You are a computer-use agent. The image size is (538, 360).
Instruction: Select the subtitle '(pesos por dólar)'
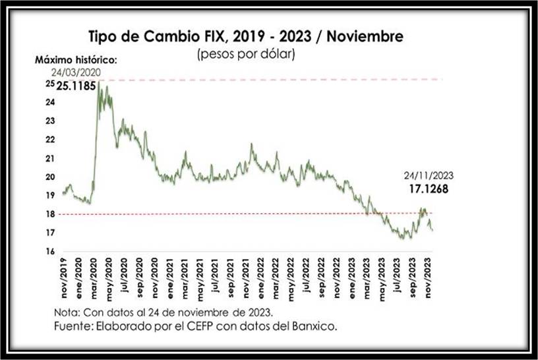pyautogui.click(x=246, y=54)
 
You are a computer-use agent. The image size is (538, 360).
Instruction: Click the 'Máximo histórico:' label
pyautogui.click(x=76, y=60)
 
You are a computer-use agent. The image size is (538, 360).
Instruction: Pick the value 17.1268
pyautogui.click(x=429, y=189)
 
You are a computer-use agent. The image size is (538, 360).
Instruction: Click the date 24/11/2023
pyautogui.click(x=429, y=175)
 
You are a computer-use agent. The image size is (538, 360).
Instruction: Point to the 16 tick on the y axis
pyautogui.click(x=50, y=251)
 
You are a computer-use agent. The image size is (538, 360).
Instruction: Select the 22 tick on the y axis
pyautogui.click(x=50, y=140)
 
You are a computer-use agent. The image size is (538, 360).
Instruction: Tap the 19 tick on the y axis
pyautogui.click(x=50, y=196)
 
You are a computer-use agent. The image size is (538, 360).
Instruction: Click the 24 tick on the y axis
pyautogui.click(x=50, y=103)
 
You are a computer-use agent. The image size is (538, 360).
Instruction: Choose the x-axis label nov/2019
pyautogui.click(x=65, y=278)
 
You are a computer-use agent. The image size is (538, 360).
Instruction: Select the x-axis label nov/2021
pyautogui.click(x=245, y=278)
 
